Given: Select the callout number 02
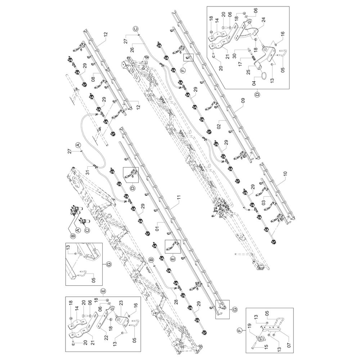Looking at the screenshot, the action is [x=219, y=126].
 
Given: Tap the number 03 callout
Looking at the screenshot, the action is [x=264, y=203].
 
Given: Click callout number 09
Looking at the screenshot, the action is [x=243, y=100].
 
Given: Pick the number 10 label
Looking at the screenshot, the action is [x=285, y=174].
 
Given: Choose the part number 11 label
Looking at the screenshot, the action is [x=179, y=197].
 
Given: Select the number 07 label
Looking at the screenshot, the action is [x=289, y=345].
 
